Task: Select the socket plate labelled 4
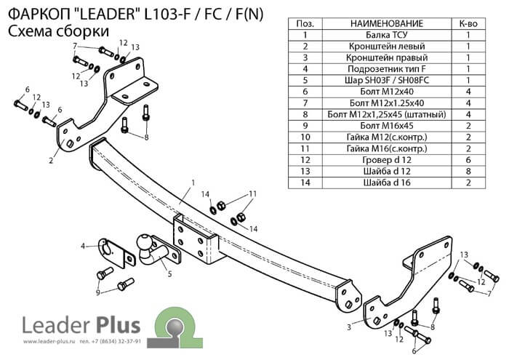(111, 247)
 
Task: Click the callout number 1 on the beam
(193, 182)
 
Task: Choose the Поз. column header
(306, 24)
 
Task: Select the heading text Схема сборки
(58, 31)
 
